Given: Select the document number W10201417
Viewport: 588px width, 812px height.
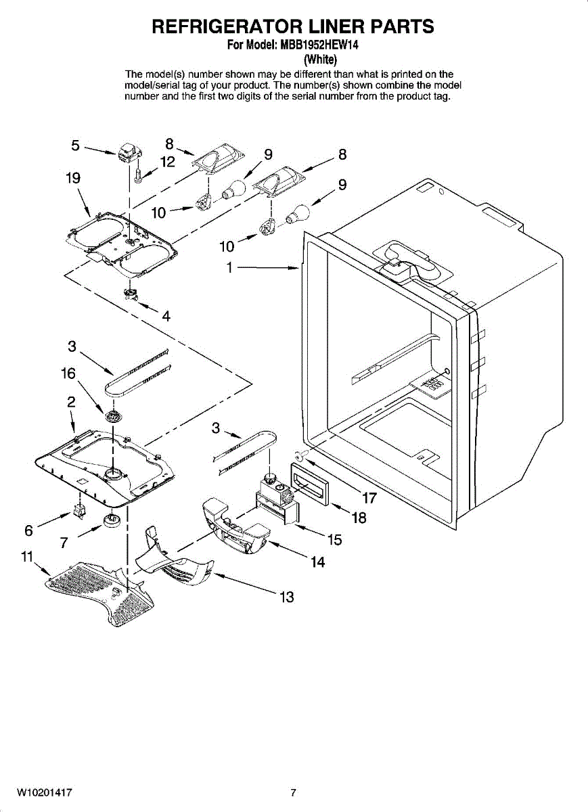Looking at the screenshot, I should [x=45, y=792].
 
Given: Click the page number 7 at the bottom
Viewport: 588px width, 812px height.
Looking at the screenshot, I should [x=294, y=792].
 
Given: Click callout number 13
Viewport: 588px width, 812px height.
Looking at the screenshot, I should [x=287, y=597].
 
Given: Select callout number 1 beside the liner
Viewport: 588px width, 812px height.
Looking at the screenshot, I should [x=230, y=268].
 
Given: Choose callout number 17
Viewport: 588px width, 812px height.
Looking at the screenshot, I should [x=369, y=499].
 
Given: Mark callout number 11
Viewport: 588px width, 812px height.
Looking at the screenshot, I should [x=27, y=557].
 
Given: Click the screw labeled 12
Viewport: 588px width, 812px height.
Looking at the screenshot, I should [x=138, y=175].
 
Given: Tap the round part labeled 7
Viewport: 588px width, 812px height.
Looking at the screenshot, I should [x=111, y=522].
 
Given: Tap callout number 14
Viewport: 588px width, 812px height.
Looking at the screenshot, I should [x=317, y=562].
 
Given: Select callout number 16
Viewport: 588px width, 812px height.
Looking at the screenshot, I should [x=68, y=373].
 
